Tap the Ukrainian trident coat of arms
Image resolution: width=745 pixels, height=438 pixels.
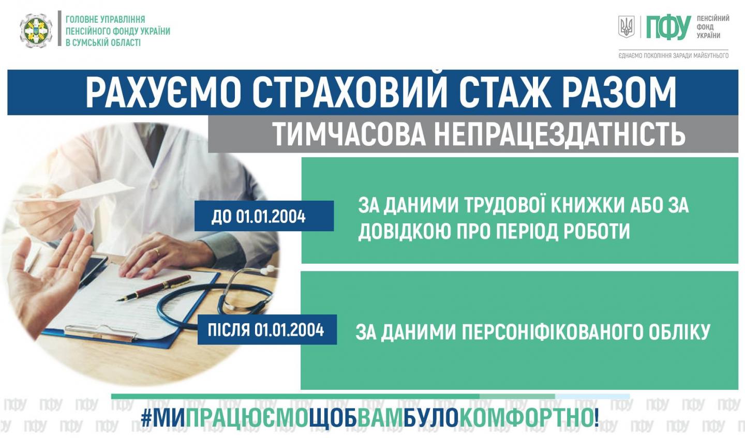point(626,27)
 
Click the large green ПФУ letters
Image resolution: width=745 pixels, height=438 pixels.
point(668,28)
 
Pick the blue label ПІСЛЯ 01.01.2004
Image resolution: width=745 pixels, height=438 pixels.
point(267,329)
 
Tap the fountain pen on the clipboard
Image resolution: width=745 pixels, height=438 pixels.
point(153,288)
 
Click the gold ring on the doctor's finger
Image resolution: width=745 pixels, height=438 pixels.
point(157,252)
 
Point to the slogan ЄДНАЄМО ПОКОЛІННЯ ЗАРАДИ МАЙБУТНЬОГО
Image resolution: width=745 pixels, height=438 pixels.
point(674,55)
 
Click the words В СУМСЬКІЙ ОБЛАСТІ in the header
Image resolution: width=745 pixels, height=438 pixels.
point(103,42)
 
